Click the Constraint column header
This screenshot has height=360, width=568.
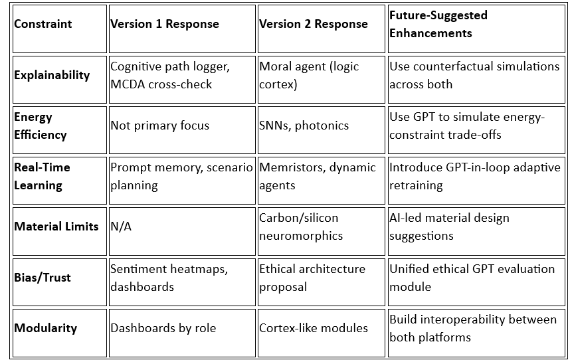point(43,24)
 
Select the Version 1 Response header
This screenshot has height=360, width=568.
point(164,24)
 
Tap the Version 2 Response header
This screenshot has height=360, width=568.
point(313,24)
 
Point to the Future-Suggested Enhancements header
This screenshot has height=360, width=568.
point(439,24)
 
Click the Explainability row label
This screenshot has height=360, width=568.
point(52,75)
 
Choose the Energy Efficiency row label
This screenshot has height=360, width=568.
point(41,126)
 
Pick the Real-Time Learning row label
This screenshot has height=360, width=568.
point(42,176)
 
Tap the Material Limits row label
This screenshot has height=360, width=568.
point(56,226)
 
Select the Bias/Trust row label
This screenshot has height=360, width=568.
point(41,277)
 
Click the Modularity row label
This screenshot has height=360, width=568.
point(46,328)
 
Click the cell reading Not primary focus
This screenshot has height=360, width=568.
point(159,126)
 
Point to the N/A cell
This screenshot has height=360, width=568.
point(121,226)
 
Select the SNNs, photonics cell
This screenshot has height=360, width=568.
point(304,126)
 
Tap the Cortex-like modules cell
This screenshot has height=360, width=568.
point(314,328)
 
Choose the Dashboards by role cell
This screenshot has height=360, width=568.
point(163,328)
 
